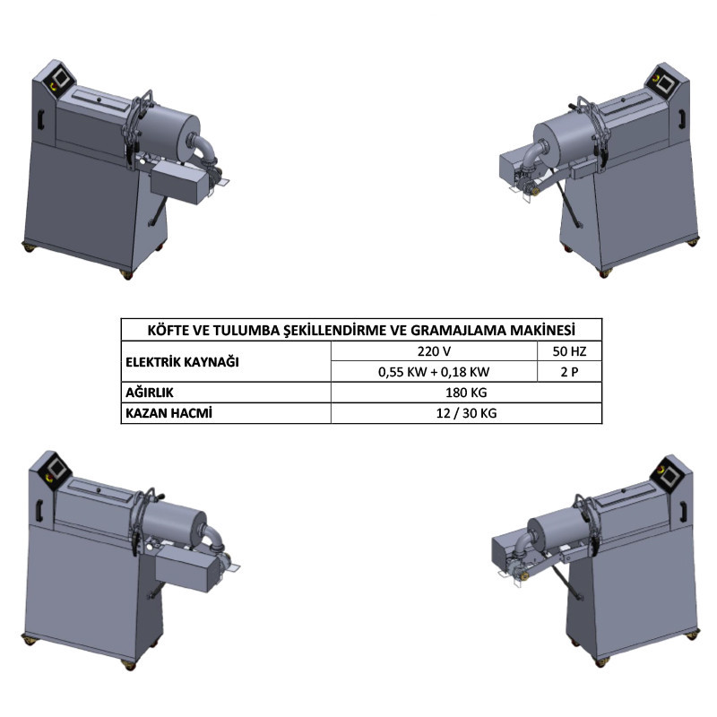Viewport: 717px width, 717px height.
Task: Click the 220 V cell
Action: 434,351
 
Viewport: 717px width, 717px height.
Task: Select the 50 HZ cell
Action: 569,351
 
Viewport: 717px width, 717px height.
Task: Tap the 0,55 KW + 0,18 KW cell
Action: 434,372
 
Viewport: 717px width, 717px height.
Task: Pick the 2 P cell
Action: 569,372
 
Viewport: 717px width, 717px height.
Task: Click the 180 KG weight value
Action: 466,393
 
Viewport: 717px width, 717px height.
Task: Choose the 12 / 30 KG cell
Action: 466,413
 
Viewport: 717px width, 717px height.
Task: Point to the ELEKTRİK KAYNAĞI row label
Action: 182,362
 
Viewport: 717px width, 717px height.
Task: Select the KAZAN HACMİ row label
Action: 168,413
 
